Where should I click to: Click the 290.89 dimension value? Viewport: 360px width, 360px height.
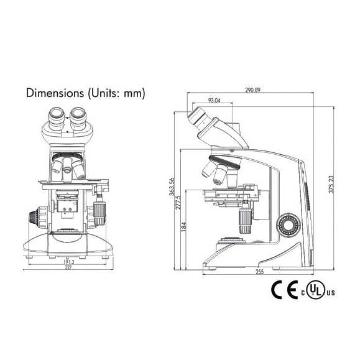pyautogui.click(x=252, y=91)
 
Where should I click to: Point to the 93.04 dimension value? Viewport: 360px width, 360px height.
pyautogui.click(x=214, y=99)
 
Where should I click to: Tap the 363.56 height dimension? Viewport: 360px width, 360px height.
pyautogui.click(x=172, y=186)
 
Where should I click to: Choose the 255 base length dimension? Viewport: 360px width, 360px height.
pyautogui.click(x=259, y=272)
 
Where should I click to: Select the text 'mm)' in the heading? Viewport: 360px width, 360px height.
pyautogui.click(x=134, y=94)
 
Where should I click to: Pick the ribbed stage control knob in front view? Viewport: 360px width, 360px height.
pyautogui.click(x=99, y=210)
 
